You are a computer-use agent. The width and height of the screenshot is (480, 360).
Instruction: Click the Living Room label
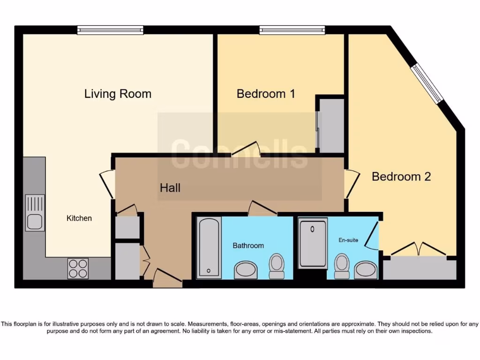118,94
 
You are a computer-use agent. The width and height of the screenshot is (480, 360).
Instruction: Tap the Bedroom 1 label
265,94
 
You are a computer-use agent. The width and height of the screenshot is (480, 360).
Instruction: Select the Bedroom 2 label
401,177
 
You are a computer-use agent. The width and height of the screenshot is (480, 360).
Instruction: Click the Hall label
170,188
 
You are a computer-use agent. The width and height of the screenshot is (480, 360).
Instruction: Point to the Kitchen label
79,218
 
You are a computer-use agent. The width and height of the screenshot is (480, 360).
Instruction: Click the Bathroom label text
248,246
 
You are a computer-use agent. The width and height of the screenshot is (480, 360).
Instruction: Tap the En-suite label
348,240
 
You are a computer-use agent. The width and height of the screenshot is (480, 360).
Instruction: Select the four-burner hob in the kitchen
78,268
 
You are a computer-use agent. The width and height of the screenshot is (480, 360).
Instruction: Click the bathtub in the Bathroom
209,247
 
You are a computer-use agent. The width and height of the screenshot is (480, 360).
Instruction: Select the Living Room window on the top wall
110,30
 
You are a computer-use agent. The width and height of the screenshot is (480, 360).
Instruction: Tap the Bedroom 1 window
292,30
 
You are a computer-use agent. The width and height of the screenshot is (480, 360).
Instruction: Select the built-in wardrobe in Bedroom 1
331,125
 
